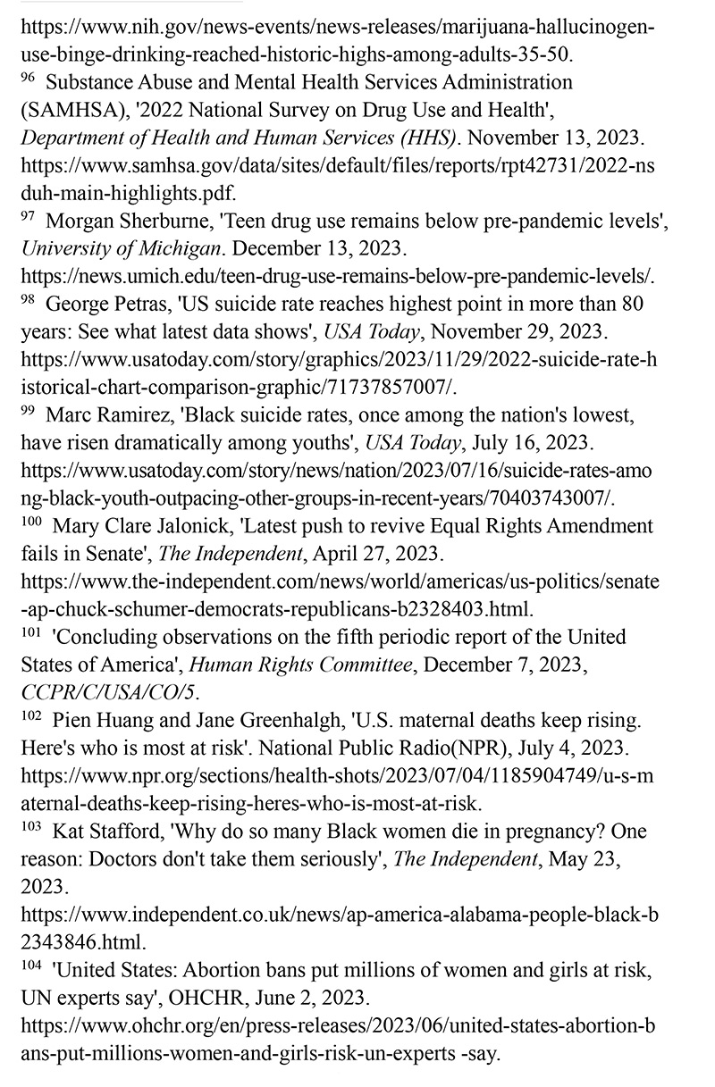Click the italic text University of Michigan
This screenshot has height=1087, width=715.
coord(120,248)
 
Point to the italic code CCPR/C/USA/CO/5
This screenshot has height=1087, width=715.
coord(111,692)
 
